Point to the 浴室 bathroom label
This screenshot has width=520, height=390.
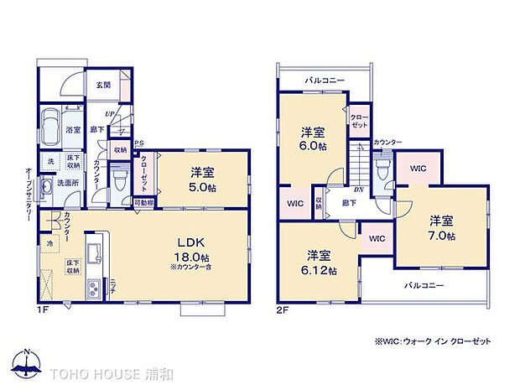click(x=73, y=130)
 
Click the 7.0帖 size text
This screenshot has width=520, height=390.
click(x=442, y=236)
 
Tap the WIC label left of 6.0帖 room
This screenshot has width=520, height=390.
click(x=294, y=203)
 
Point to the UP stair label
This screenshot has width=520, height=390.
click(x=109, y=115)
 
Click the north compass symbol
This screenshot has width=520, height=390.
click(x=27, y=362)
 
